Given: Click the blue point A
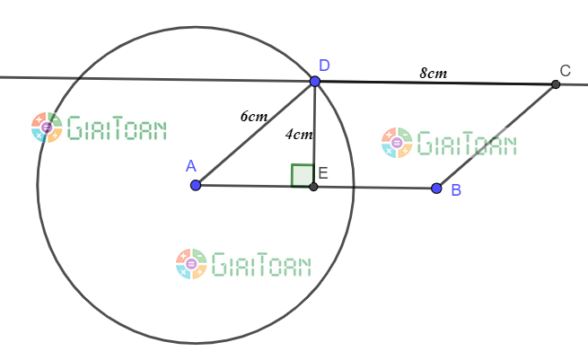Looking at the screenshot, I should point(196,185).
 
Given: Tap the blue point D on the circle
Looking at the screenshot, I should point(315,81).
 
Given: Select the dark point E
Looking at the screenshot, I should point(313,187).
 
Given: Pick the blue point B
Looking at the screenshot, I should point(436,189).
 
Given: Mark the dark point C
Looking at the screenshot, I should point(556,84).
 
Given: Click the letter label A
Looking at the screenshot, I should point(190,165).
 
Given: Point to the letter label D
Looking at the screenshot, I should point(324,65).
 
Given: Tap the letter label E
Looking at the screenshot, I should point(323,172).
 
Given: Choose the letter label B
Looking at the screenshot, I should point(456,190).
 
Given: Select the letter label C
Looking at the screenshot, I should point(565,70).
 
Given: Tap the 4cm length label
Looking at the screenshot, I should point(299,136).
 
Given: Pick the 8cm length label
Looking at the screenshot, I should point(434,73).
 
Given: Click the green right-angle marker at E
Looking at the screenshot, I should point(303,175).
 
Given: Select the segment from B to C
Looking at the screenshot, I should point(496,136).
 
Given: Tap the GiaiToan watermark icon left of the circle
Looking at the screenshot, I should point(46,127).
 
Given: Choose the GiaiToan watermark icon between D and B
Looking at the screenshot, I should point(396,143).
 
